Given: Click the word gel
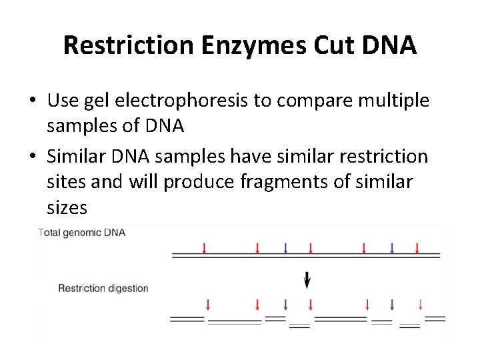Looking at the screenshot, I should point(97,101).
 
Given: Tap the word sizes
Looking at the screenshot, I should point(67,207).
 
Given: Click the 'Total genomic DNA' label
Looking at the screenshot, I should point(82,233).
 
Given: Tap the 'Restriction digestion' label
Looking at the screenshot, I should point(103,289).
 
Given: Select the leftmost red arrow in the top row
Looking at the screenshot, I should point(204,248).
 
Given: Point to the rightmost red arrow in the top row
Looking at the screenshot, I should point(417,248).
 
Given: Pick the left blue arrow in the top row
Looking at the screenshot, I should point(285,248).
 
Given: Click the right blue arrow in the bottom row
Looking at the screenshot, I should point(392,305).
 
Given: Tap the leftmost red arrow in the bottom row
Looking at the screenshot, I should point(208,305).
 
